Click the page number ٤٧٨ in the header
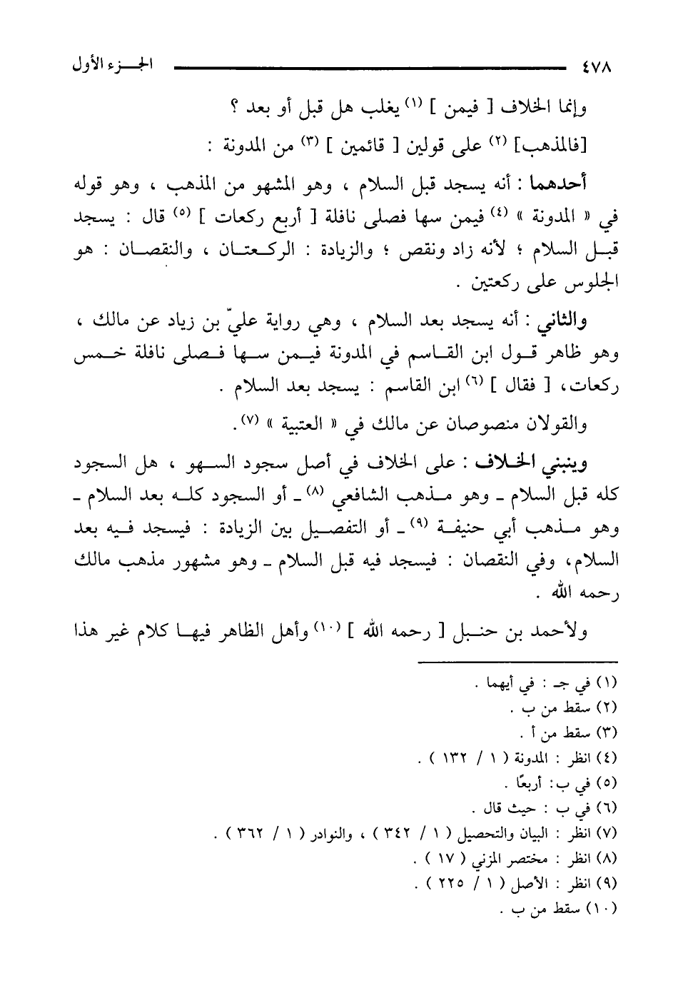click(596, 69)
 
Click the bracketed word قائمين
click(367, 147)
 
